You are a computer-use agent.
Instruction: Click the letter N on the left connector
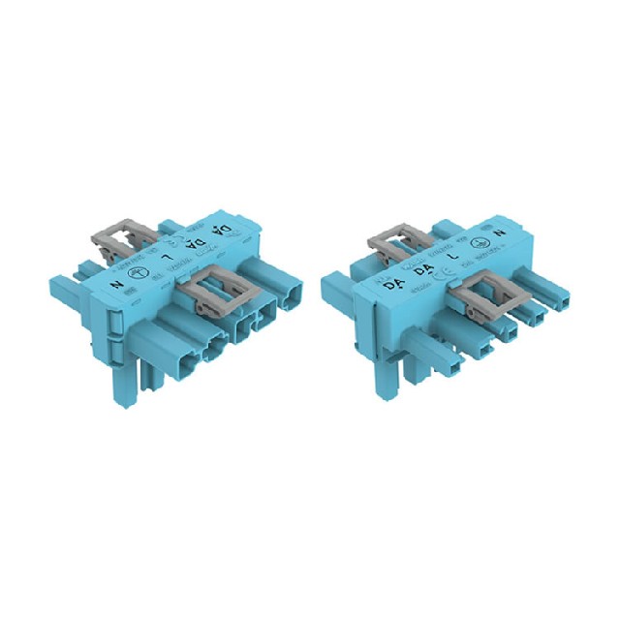[118, 285]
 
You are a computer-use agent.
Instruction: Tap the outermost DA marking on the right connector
[392, 287]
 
